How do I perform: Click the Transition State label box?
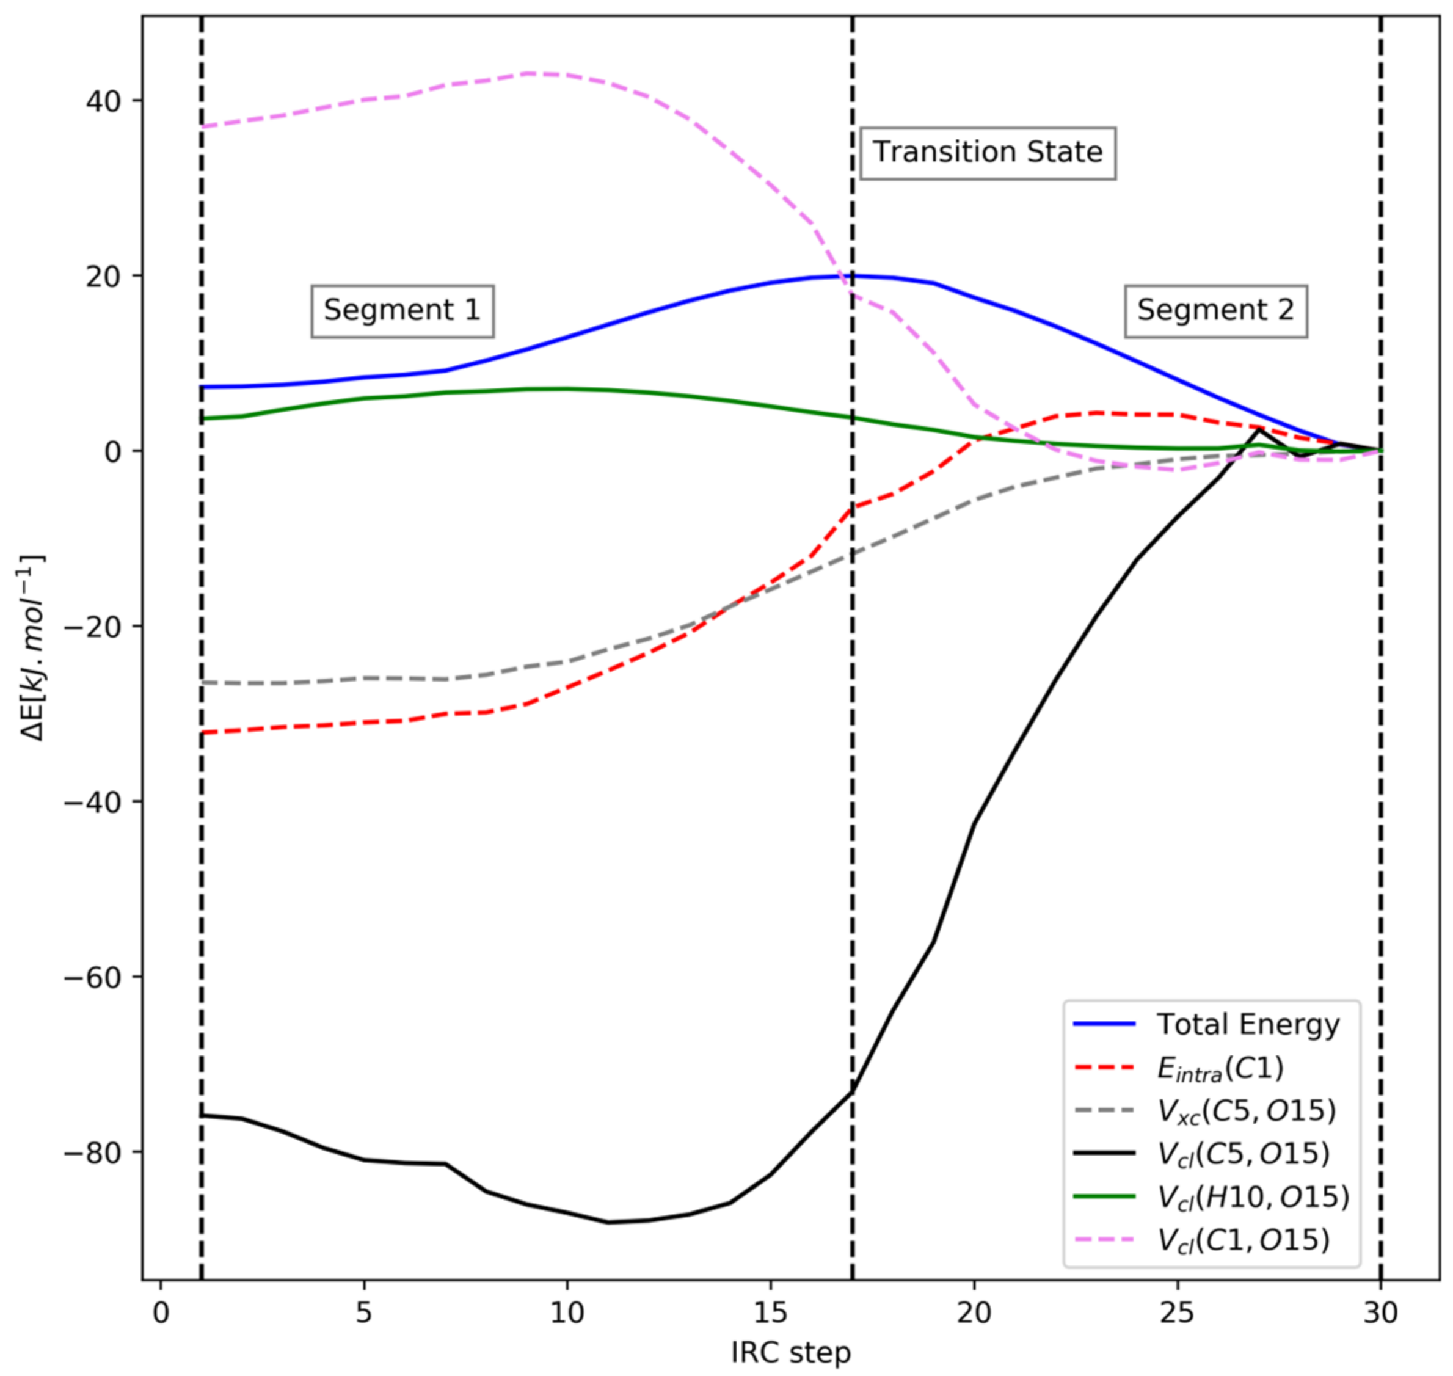987,153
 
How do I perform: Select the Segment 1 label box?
402,310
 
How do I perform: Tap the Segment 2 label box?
1215,310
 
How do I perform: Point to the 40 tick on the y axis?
103,101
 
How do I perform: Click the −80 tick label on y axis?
92,1152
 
